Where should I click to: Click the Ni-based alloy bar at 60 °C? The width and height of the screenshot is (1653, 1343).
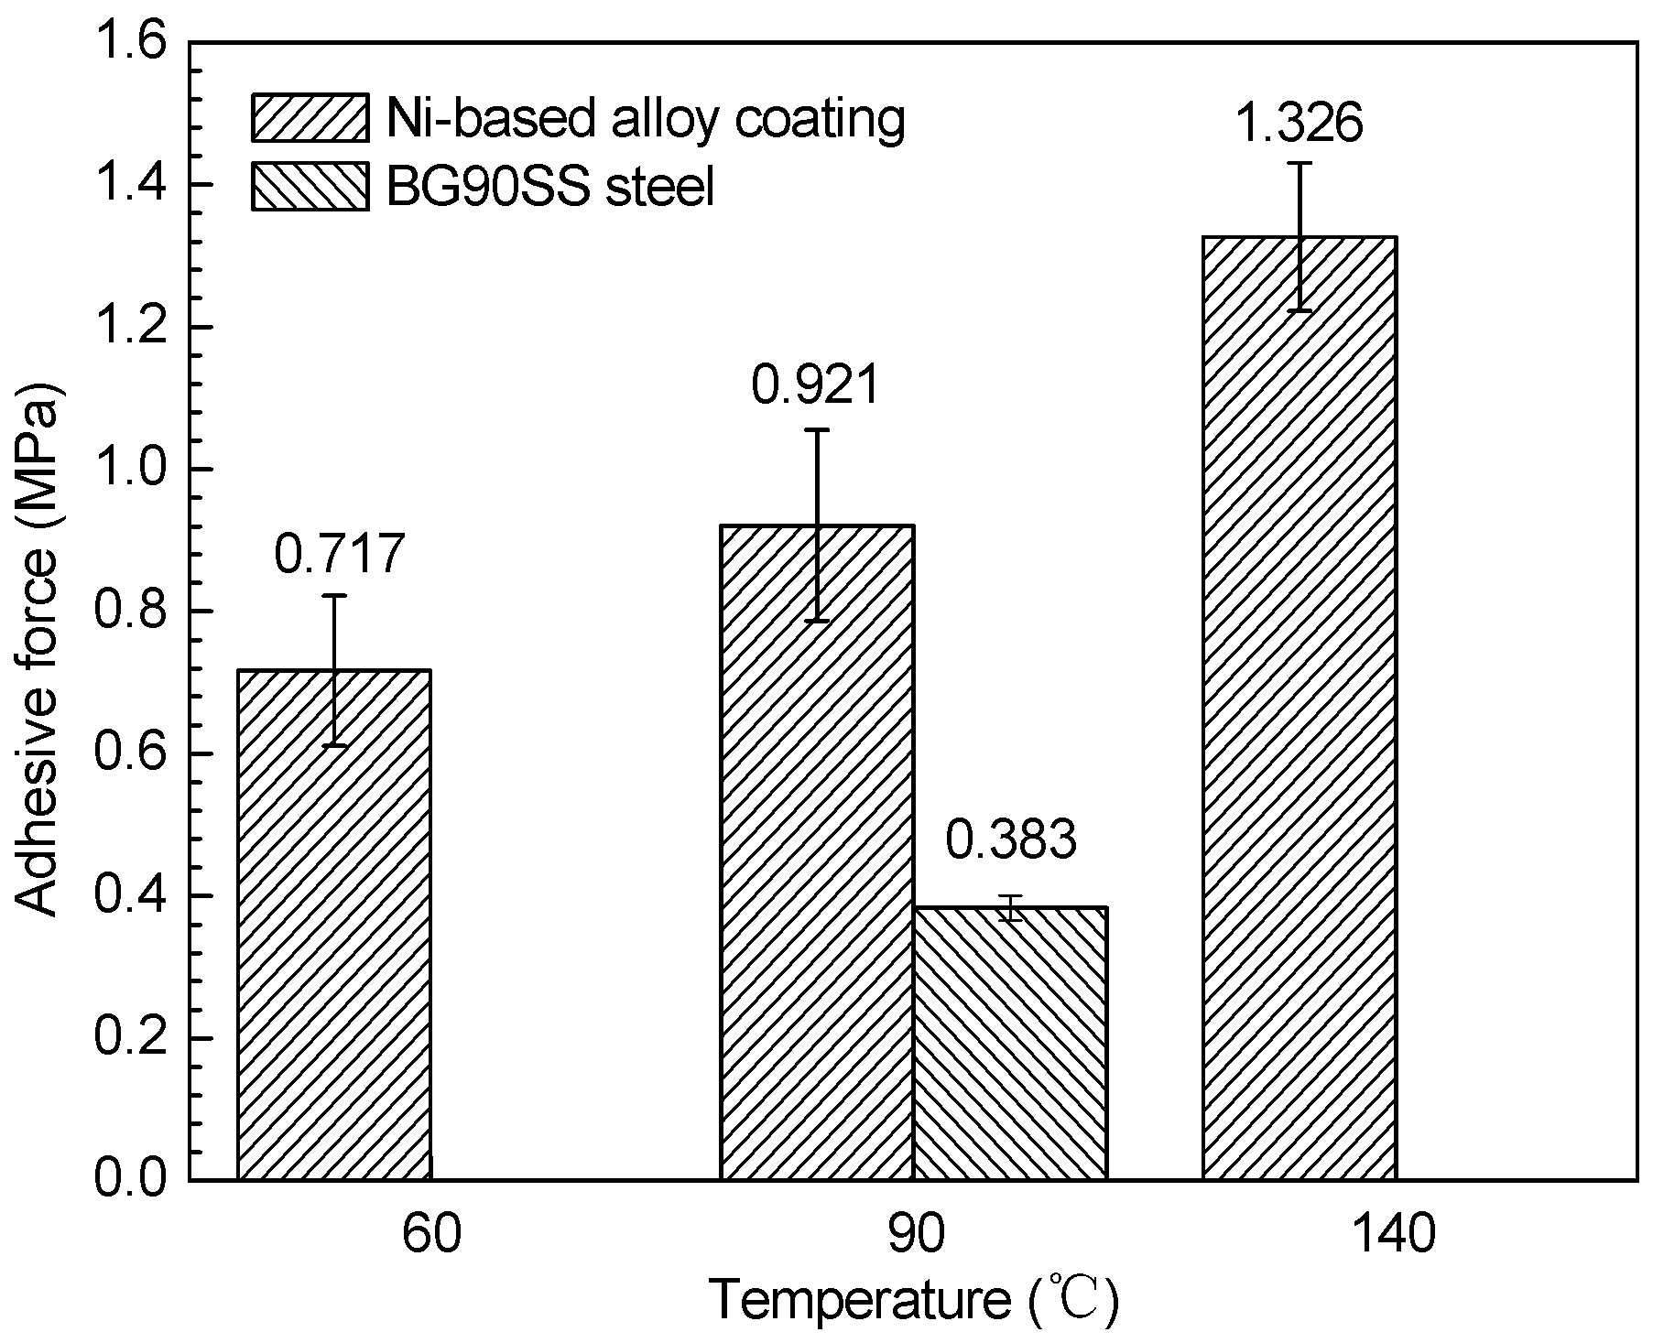point(334,925)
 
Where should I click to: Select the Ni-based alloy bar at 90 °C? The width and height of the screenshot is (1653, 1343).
point(817,851)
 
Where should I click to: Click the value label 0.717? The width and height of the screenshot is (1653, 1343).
point(339,555)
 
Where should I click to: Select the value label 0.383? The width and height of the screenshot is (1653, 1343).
point(1010,841)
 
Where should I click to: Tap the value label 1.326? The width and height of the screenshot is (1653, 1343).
point(1300,123)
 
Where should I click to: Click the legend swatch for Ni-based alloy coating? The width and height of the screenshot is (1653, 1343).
point(310,117)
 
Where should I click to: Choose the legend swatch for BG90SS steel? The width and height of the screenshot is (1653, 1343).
point(310,187)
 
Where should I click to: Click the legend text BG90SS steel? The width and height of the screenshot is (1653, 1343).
point(549,188)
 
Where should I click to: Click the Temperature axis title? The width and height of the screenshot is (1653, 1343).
point(914,1302)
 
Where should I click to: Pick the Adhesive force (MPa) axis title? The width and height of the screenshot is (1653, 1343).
point(38,612)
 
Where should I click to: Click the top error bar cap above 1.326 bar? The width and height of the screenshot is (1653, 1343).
point(1300,163)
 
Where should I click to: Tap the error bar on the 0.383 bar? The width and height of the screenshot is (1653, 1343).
point(1010,907)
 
